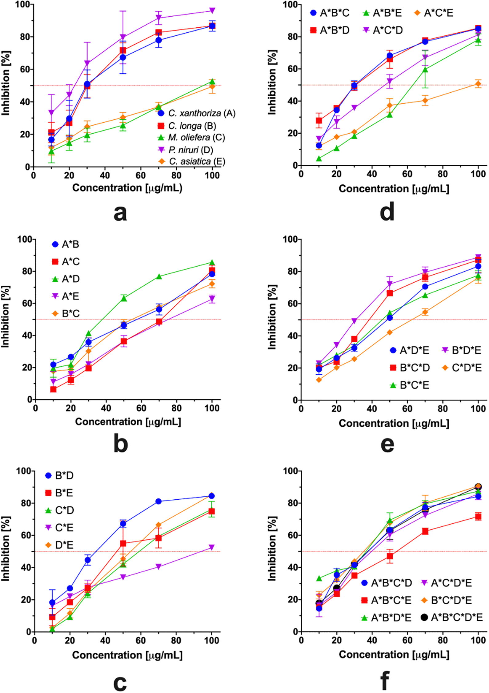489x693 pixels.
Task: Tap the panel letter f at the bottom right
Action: [x=385, y=680]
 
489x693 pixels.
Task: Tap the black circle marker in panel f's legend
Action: [x=424, y=617]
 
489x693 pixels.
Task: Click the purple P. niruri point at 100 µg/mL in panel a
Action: [x=212, y=11]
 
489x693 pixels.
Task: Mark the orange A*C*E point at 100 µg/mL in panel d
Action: [x=478, y=84]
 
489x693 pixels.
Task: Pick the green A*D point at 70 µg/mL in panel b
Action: [x=159, y=276]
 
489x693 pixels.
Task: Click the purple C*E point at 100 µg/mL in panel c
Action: [x=211, y=547]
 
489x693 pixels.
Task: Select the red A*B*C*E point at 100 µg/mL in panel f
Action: [x=478, y=517]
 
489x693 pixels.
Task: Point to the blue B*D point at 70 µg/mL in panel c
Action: [x=158, y=501]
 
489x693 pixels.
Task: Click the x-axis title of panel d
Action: [x=394, y=189]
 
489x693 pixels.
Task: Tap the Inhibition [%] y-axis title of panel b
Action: [x=5, y=317]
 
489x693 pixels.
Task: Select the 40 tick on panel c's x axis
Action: [x=105, y=640]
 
